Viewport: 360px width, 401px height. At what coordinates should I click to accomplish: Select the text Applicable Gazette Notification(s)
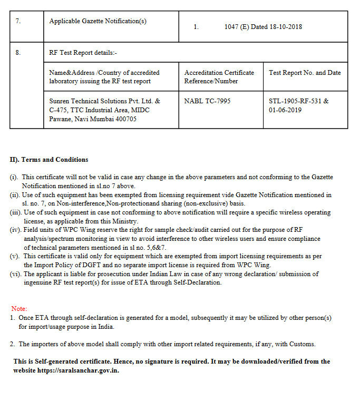pos(98,21)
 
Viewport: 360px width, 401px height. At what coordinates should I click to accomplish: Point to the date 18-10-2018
pos(286,27)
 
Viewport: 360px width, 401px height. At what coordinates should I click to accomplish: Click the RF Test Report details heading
pos(83,53)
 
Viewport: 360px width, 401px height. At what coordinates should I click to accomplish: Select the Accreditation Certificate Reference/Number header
pos(219,76)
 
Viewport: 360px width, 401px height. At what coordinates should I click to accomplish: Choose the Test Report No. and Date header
pos(305,73)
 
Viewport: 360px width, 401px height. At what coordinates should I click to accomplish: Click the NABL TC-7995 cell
pos(207,101)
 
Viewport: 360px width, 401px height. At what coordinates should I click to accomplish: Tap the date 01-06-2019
pos(285,110)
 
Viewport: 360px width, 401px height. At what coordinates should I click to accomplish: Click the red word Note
pos(19,308)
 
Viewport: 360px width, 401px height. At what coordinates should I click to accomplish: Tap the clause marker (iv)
pos(16,230)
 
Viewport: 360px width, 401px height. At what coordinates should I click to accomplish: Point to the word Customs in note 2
pos(301,344)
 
